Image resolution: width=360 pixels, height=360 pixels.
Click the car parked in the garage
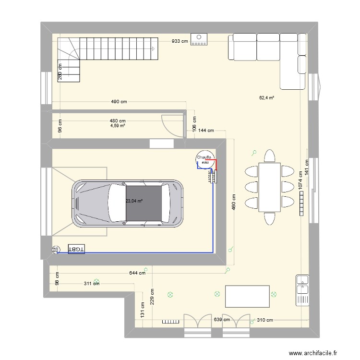pos(128,204)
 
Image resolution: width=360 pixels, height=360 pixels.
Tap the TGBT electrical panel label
pos(76,249)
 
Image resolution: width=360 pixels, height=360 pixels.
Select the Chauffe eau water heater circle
pos(205,161)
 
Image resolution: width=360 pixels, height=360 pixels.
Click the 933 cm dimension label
pos(180,41)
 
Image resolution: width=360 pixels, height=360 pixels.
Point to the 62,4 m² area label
pos(266,97)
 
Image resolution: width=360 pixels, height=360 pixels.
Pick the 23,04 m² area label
pos(134,202)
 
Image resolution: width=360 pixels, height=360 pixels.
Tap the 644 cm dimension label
pos(137,273)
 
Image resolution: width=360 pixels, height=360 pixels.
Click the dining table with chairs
pos(269,187)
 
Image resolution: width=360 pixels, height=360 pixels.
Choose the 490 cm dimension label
pos(119,102)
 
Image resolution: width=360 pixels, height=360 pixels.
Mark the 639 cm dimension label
pos(221,320)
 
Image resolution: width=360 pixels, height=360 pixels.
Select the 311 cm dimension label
pos(92,283)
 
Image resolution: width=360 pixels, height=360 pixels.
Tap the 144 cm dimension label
pos(206,130)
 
